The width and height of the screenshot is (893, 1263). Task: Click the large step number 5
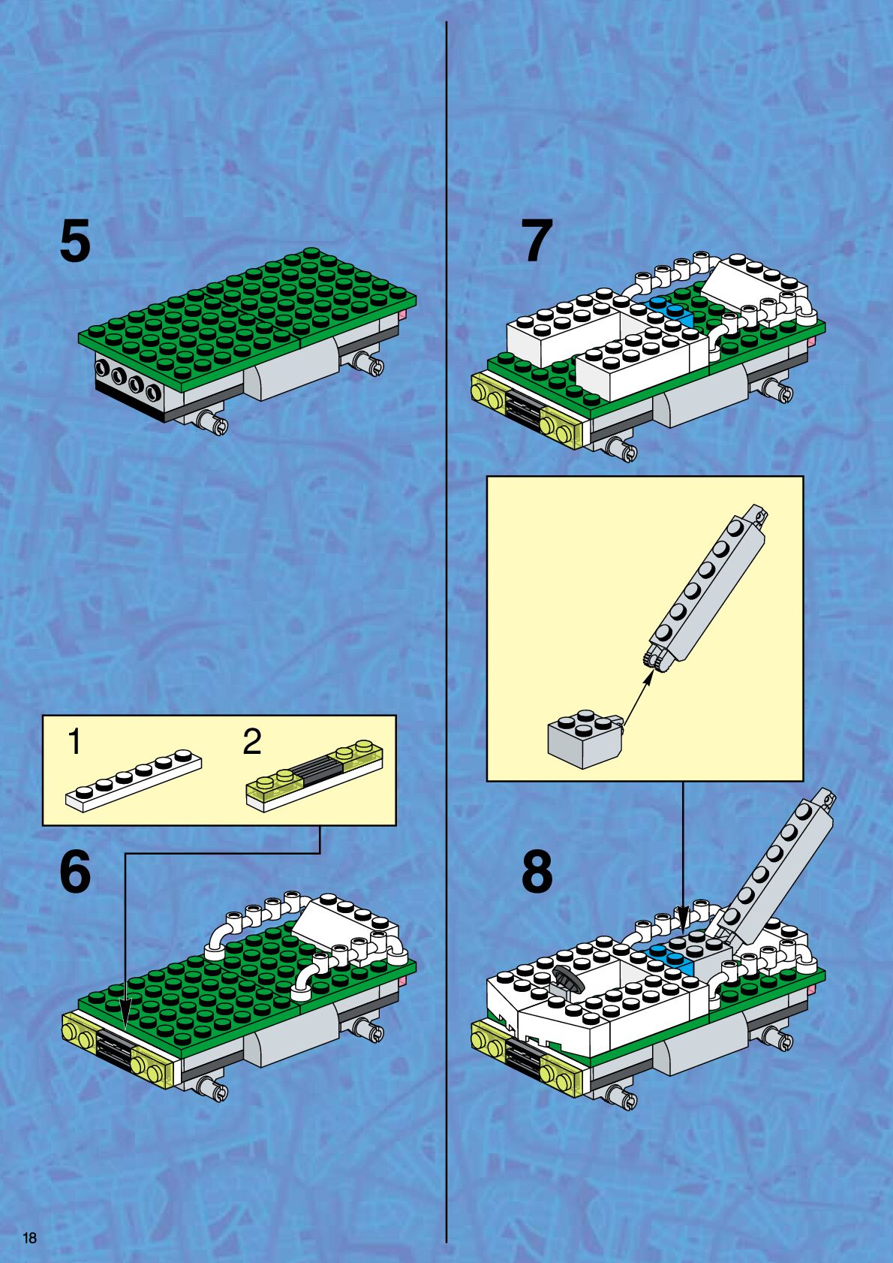pos(75,241)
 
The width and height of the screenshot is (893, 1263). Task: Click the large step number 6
pos(75,871)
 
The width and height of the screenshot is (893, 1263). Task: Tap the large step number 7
pos(537,241)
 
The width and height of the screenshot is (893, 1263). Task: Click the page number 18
pos(29,1237)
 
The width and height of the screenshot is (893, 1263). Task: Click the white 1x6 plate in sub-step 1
pos(134,781)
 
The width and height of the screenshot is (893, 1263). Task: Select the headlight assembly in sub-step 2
pos(314,775)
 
